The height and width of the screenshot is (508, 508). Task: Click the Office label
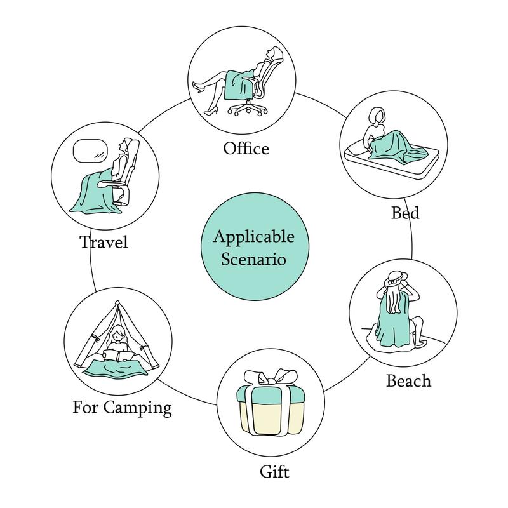(x=246, y=149)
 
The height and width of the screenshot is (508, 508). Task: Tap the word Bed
(x=404, y=212)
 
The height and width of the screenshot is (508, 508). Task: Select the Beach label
(x=408, y=380)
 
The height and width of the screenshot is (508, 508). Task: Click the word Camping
(x=139, y=406)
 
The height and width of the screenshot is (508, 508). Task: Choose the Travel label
(x=104, y=242)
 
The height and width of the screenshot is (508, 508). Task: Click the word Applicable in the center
(x=253, y=237)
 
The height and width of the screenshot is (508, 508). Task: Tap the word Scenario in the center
(x=254, y=259)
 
